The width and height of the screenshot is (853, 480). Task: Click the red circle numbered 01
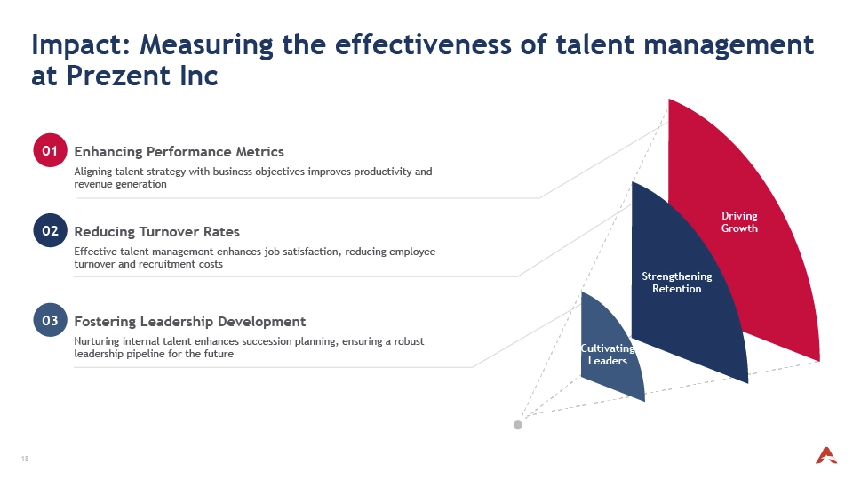click(x=50, y=150)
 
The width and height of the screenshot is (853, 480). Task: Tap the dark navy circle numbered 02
click(x=50, y=230)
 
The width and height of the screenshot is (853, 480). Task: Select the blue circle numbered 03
click(x=50, y=320)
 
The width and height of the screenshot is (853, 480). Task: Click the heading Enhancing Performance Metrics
click(x=179, y=152)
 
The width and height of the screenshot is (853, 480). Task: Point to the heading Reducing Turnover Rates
click(x=156, y=232)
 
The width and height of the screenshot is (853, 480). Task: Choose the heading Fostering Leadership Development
click(x=190, y=322)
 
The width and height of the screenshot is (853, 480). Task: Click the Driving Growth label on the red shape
click(x=739, y=222)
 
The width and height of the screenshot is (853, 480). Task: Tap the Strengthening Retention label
click(x=677, y=283)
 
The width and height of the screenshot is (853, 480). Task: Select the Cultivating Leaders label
click(x=608, y=355)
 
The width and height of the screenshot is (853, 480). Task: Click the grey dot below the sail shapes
click(x=518, y=425)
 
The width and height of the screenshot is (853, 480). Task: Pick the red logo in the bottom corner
click(x=825, y=455)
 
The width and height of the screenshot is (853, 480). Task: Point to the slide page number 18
click(x=25, y=459)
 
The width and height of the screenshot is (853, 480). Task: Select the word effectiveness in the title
click(x=423, y=44)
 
